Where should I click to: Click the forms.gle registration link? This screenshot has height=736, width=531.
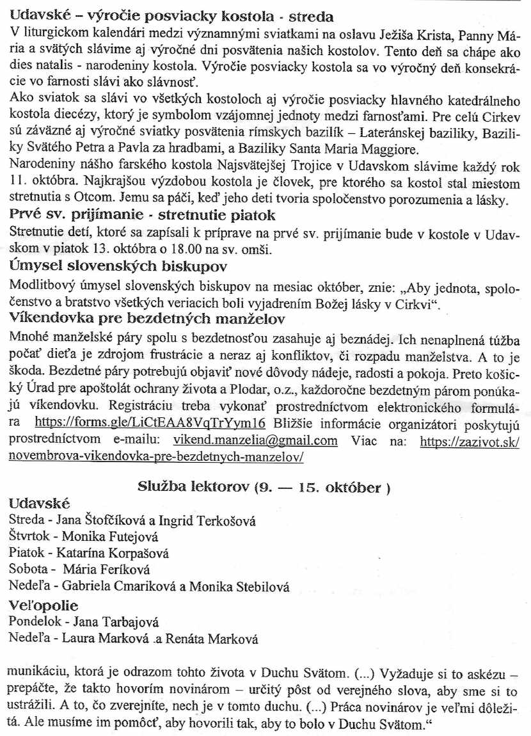tap(149, 423)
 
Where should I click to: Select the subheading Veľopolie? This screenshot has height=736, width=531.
tap(44, 605)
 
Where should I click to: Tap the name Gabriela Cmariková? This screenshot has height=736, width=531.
tap(106, 586)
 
